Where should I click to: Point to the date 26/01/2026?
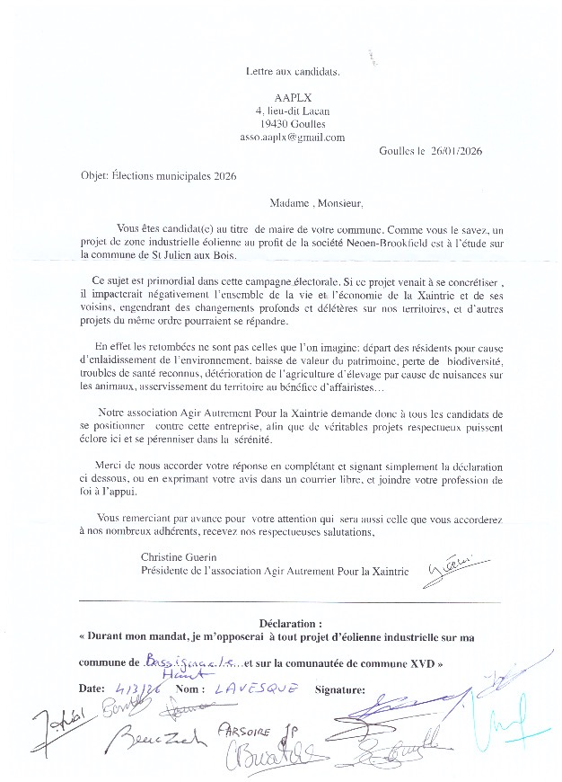pos(456,151)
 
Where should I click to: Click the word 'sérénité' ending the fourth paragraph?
pos(343,440)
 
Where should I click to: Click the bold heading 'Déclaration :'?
pos(290,622)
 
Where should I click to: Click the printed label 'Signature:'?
pos(339,690)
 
